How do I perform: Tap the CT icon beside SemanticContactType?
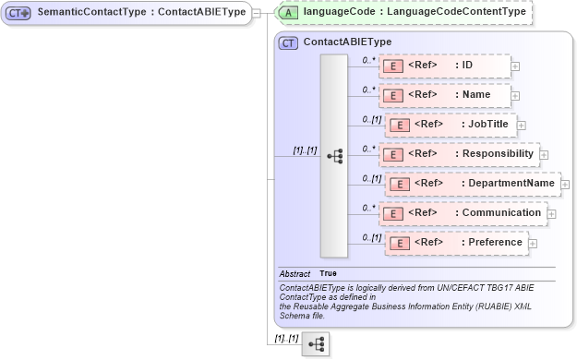coord(19,13)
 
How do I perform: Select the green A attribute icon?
coord(289,13)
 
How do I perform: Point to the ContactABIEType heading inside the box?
coord(347,42)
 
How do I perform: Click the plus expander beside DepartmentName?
coord(564,185)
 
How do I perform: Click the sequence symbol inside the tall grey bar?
coord(334,155)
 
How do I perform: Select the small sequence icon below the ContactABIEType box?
coord(315,345)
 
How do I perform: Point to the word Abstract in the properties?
coord(295,274)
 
